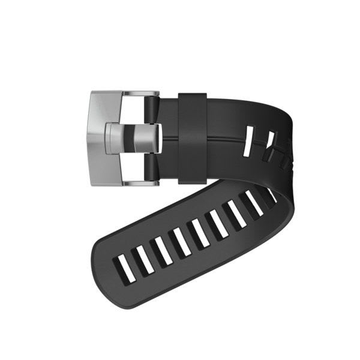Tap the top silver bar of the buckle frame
[x=142, y=94]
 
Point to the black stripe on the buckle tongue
[x=128, y=137]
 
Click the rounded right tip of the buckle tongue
[x=157, y=137]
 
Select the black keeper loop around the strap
[x=193, y=137]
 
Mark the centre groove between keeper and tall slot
[x=225, y=139]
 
